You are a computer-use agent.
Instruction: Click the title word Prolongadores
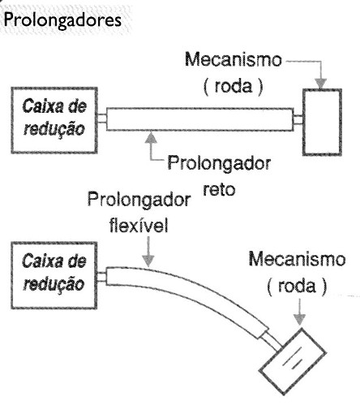(62, 20)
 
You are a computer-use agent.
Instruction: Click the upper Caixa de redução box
(54, 120)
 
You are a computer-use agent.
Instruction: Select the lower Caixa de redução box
(54, 275)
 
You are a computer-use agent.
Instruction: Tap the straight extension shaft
(199, 119)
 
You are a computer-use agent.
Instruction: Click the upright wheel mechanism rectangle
(322, 122)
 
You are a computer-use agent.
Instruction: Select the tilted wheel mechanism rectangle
(293, 361)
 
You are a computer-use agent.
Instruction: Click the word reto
(219, 189)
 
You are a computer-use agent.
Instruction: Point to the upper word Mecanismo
(234, 59)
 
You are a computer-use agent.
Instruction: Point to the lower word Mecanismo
(297, 259)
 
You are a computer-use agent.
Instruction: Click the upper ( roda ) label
(233, 86)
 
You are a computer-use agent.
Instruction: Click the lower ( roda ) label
(297, 286)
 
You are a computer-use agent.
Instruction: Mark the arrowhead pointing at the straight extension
(152, 137)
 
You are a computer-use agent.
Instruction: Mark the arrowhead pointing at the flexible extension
(148, 261)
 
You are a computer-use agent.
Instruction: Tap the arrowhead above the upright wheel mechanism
(321, 84)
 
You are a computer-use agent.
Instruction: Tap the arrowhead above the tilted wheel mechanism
(299, 319)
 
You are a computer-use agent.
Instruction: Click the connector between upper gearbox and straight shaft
(102, 119)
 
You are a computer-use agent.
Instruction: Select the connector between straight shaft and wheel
(298, 119)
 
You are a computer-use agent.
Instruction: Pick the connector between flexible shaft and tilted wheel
(272, 342)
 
